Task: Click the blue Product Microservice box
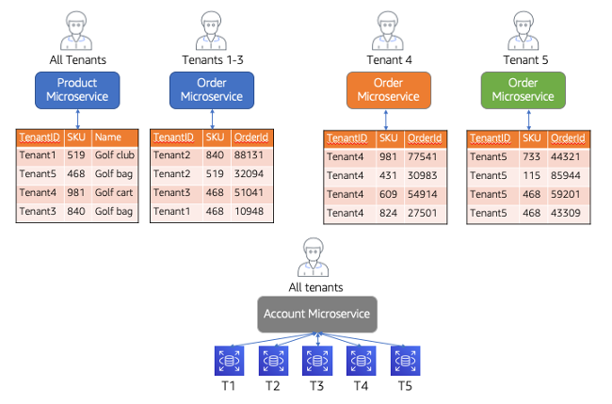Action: pos(77,89)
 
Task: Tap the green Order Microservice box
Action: pos(523,89)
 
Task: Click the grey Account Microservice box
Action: pos(317,314)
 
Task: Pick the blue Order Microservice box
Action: pos(212,89)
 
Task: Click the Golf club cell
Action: pos(114,155)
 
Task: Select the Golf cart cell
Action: pos(114,193)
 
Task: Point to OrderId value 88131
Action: pos(250,155)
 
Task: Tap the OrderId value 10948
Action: pos(250,212)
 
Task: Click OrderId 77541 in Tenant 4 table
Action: pos(426,157)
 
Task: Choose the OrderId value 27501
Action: pos(426,214)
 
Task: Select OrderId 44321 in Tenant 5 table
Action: pos(567,157)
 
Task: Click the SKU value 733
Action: pos(531,157)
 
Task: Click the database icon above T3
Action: pos(316,361)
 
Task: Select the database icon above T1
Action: pos(229,361)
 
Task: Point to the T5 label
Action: pos(405,386)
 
